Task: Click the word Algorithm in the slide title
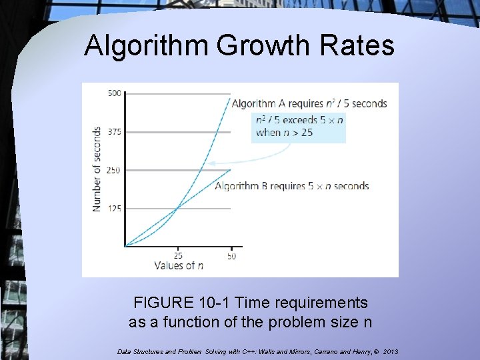coord(145,46)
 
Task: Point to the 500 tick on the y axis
coord(114,93)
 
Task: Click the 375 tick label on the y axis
coord(114,132)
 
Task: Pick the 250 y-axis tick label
coord(114,170)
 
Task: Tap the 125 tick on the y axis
coord(114,209)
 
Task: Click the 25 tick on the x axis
coord(178,255)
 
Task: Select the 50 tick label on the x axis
coord(231,255)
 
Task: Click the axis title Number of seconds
coord(97,169)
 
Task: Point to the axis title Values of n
coord(179,265)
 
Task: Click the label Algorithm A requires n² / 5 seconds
coord(309,103)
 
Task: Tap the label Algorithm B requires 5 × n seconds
coord(292,186)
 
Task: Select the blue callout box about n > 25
coord(299,127)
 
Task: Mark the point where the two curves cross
coord(177,208)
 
